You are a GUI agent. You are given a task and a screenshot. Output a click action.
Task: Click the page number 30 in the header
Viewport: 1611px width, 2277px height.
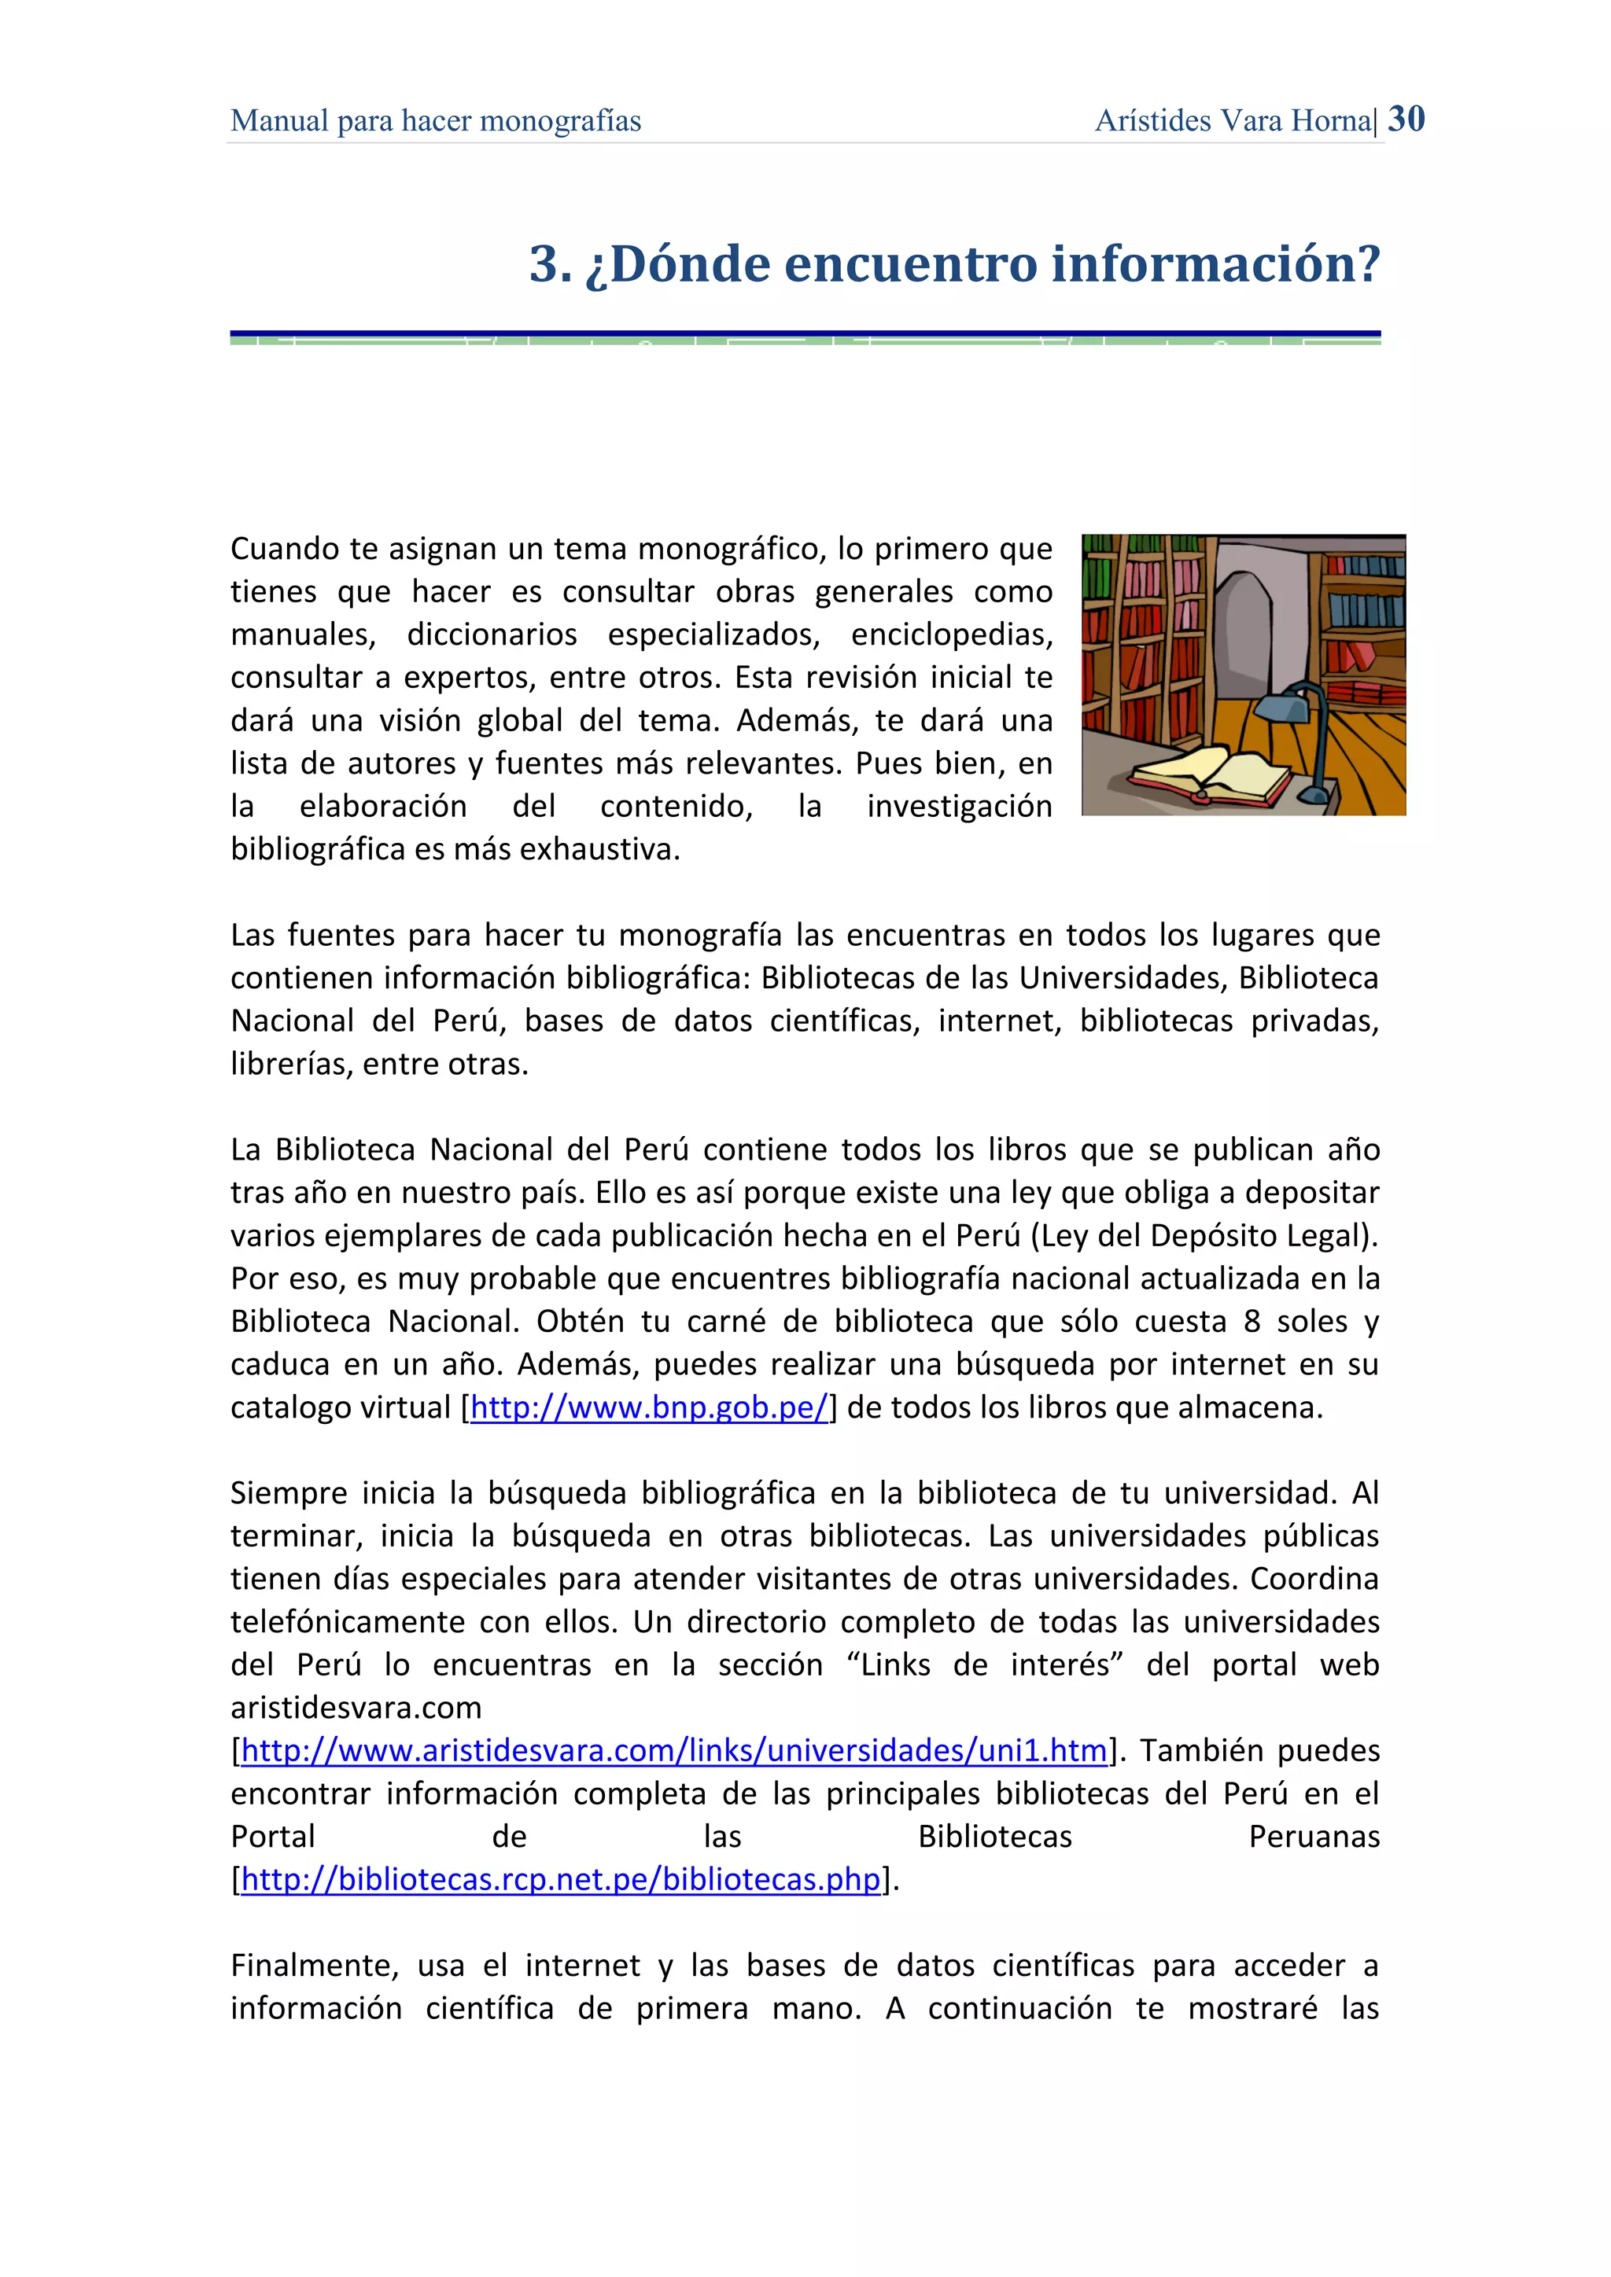click(1406, 119)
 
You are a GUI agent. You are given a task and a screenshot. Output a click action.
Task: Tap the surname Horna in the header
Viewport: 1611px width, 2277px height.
click(1333, 121)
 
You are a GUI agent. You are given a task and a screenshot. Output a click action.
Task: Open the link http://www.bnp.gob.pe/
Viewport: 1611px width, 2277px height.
click(649, 1407)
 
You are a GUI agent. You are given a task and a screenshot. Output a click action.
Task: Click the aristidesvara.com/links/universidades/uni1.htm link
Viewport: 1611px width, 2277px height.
click(673, 1750)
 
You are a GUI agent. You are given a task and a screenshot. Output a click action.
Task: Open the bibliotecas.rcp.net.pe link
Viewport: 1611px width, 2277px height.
click(561, 1879)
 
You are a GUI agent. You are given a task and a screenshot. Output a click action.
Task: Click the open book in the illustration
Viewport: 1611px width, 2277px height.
click(1211, 774)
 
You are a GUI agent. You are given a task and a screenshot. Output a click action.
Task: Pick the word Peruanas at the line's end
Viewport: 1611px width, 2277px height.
click(1314, 1837)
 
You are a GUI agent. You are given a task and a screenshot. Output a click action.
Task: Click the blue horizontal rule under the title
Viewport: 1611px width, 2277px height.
click(805, 333)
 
